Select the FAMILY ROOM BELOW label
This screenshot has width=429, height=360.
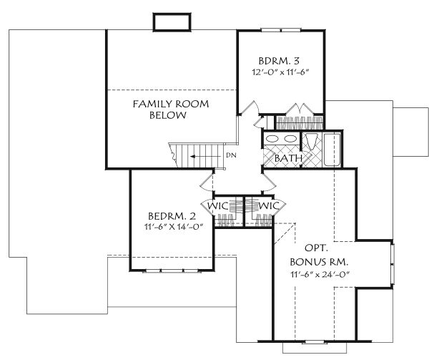171,110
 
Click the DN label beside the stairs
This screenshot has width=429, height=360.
231,155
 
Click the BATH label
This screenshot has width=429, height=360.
288,158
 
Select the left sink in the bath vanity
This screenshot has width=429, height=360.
272,139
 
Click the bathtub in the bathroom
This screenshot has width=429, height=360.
333,149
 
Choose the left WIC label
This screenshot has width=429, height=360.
218,206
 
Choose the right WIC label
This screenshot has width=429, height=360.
269,206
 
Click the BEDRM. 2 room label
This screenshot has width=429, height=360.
172,216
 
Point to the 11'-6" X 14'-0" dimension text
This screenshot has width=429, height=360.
172,228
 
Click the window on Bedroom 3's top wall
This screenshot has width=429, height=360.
280,30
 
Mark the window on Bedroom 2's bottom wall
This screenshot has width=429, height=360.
171,271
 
